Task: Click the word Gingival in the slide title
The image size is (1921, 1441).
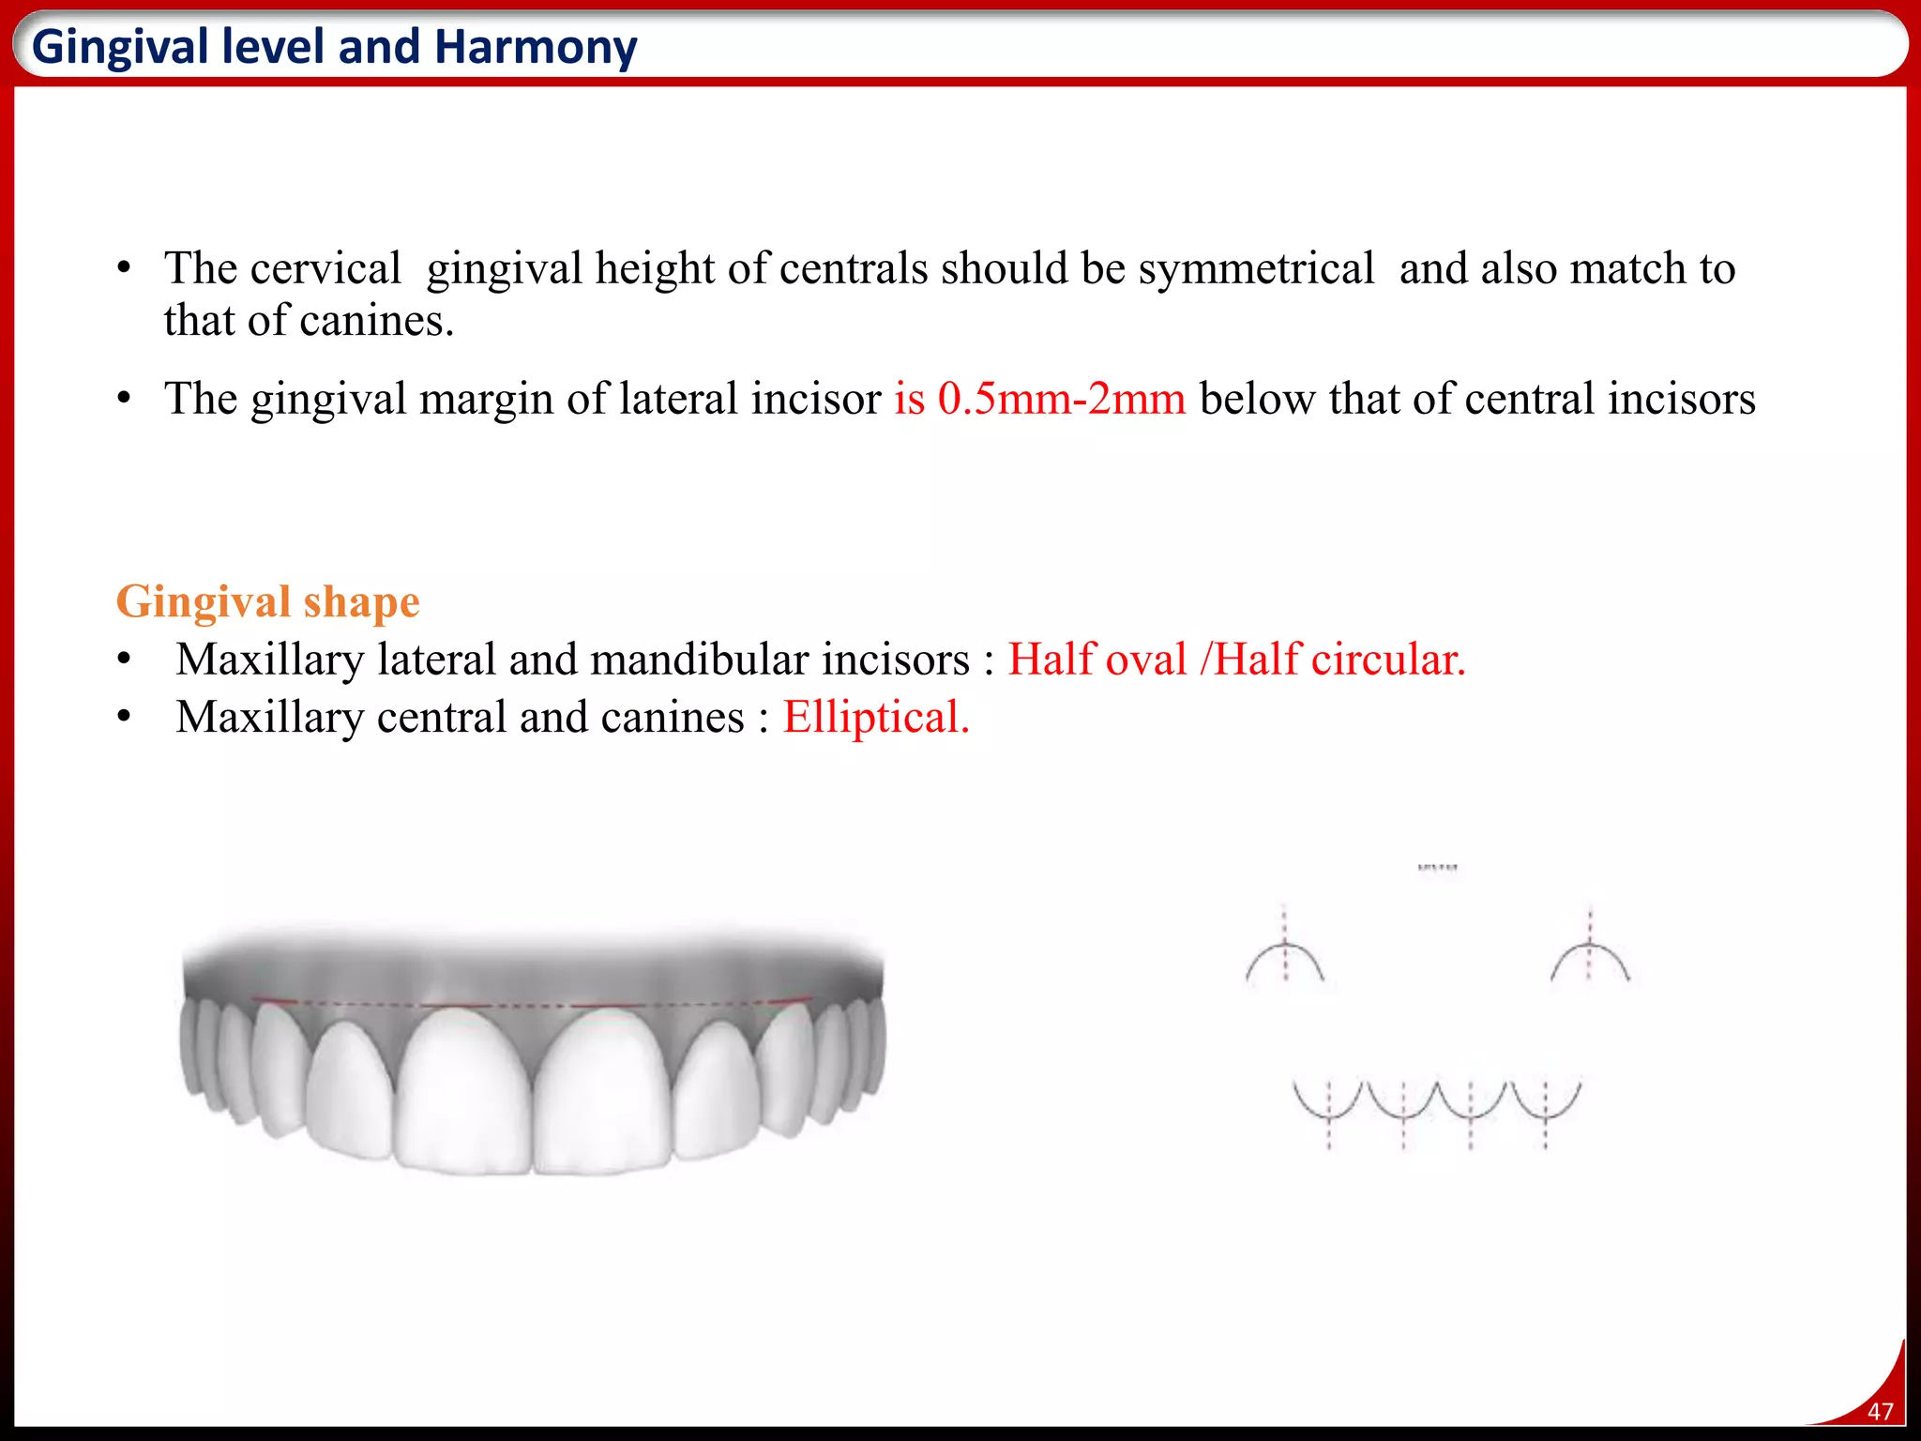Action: (120, 47)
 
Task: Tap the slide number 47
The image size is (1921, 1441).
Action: (1880, 1411)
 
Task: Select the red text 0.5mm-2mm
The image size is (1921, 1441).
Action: (1062, 399)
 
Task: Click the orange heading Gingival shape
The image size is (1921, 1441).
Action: (267, 601)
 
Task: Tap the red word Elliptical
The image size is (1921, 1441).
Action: (875, 718)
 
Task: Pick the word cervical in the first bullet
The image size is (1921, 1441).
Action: (325, 269)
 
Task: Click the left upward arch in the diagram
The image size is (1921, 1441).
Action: (1285, 959)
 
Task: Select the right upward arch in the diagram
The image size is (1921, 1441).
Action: (1590, 959)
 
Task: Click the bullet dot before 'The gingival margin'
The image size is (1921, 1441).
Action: (124, 399)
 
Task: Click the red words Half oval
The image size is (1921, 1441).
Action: (1097, 660)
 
